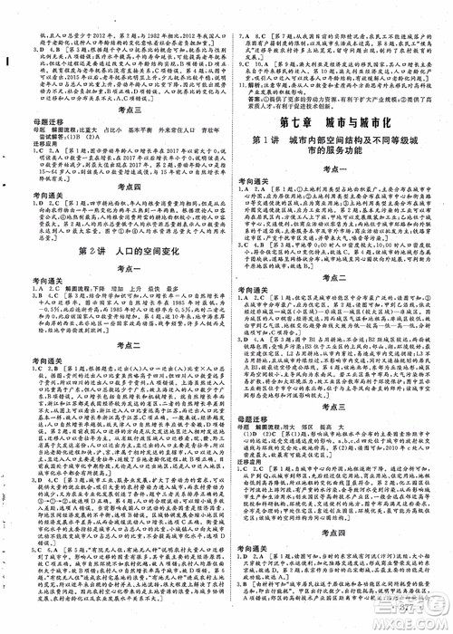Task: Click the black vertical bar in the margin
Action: [6, 62]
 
